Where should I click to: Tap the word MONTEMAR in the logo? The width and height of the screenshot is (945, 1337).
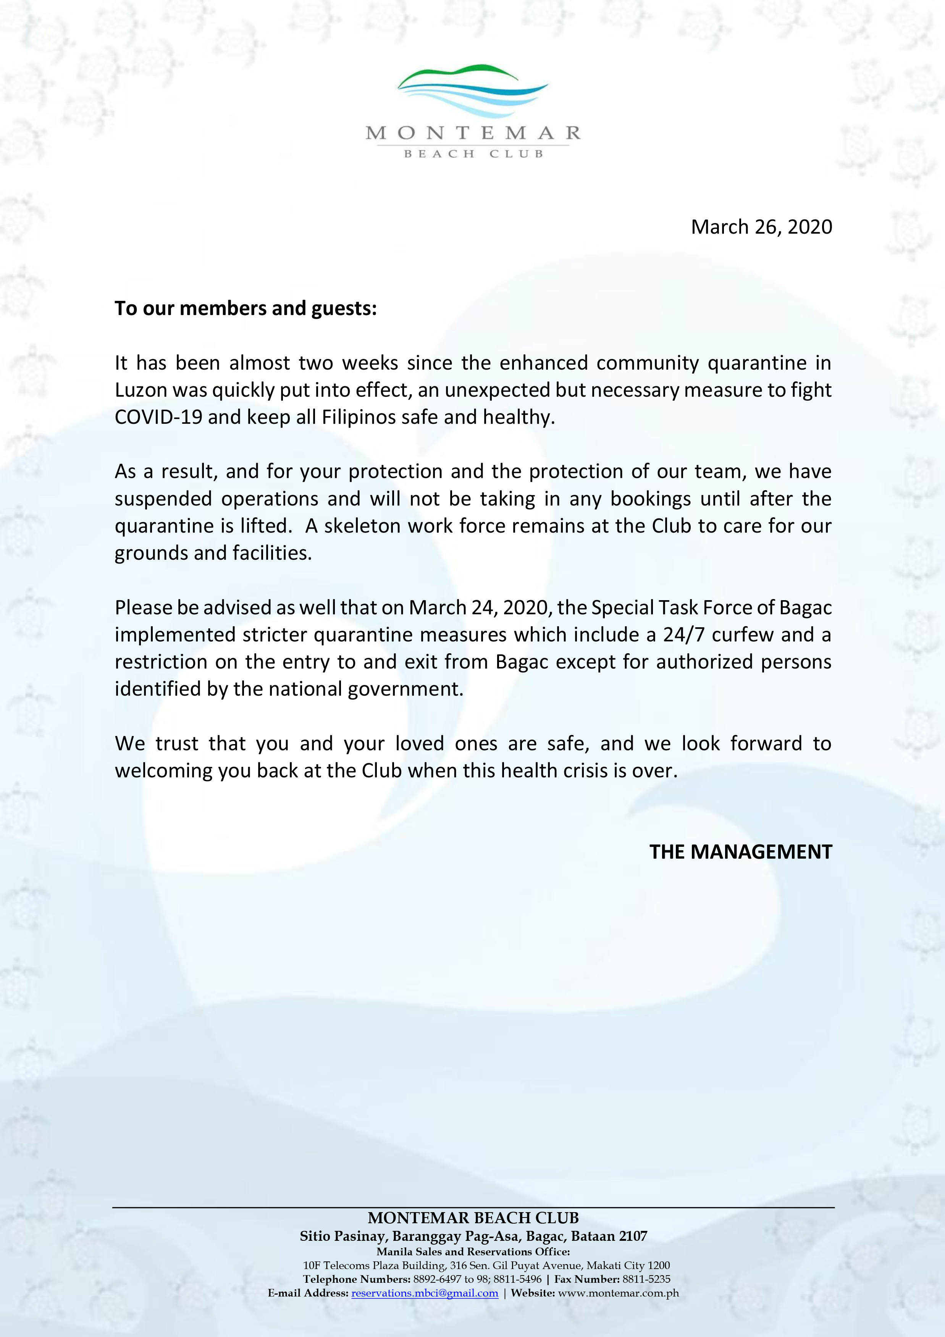tap(473, 133)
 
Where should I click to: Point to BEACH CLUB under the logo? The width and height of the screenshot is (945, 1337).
tap(473, 154)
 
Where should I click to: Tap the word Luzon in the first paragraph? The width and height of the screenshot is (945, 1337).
tap(141, 389)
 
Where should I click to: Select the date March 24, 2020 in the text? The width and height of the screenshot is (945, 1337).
tap(479, 607)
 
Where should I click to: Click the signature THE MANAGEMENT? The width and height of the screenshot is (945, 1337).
tap(741, 852)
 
